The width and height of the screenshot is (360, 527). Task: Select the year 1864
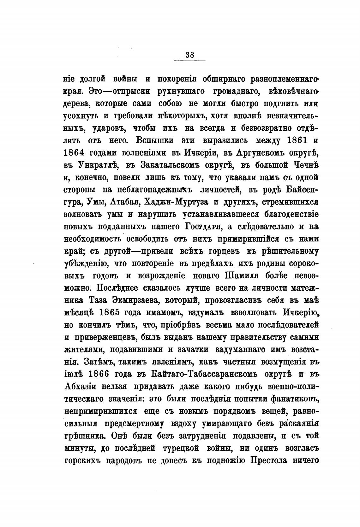click(74, 153)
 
